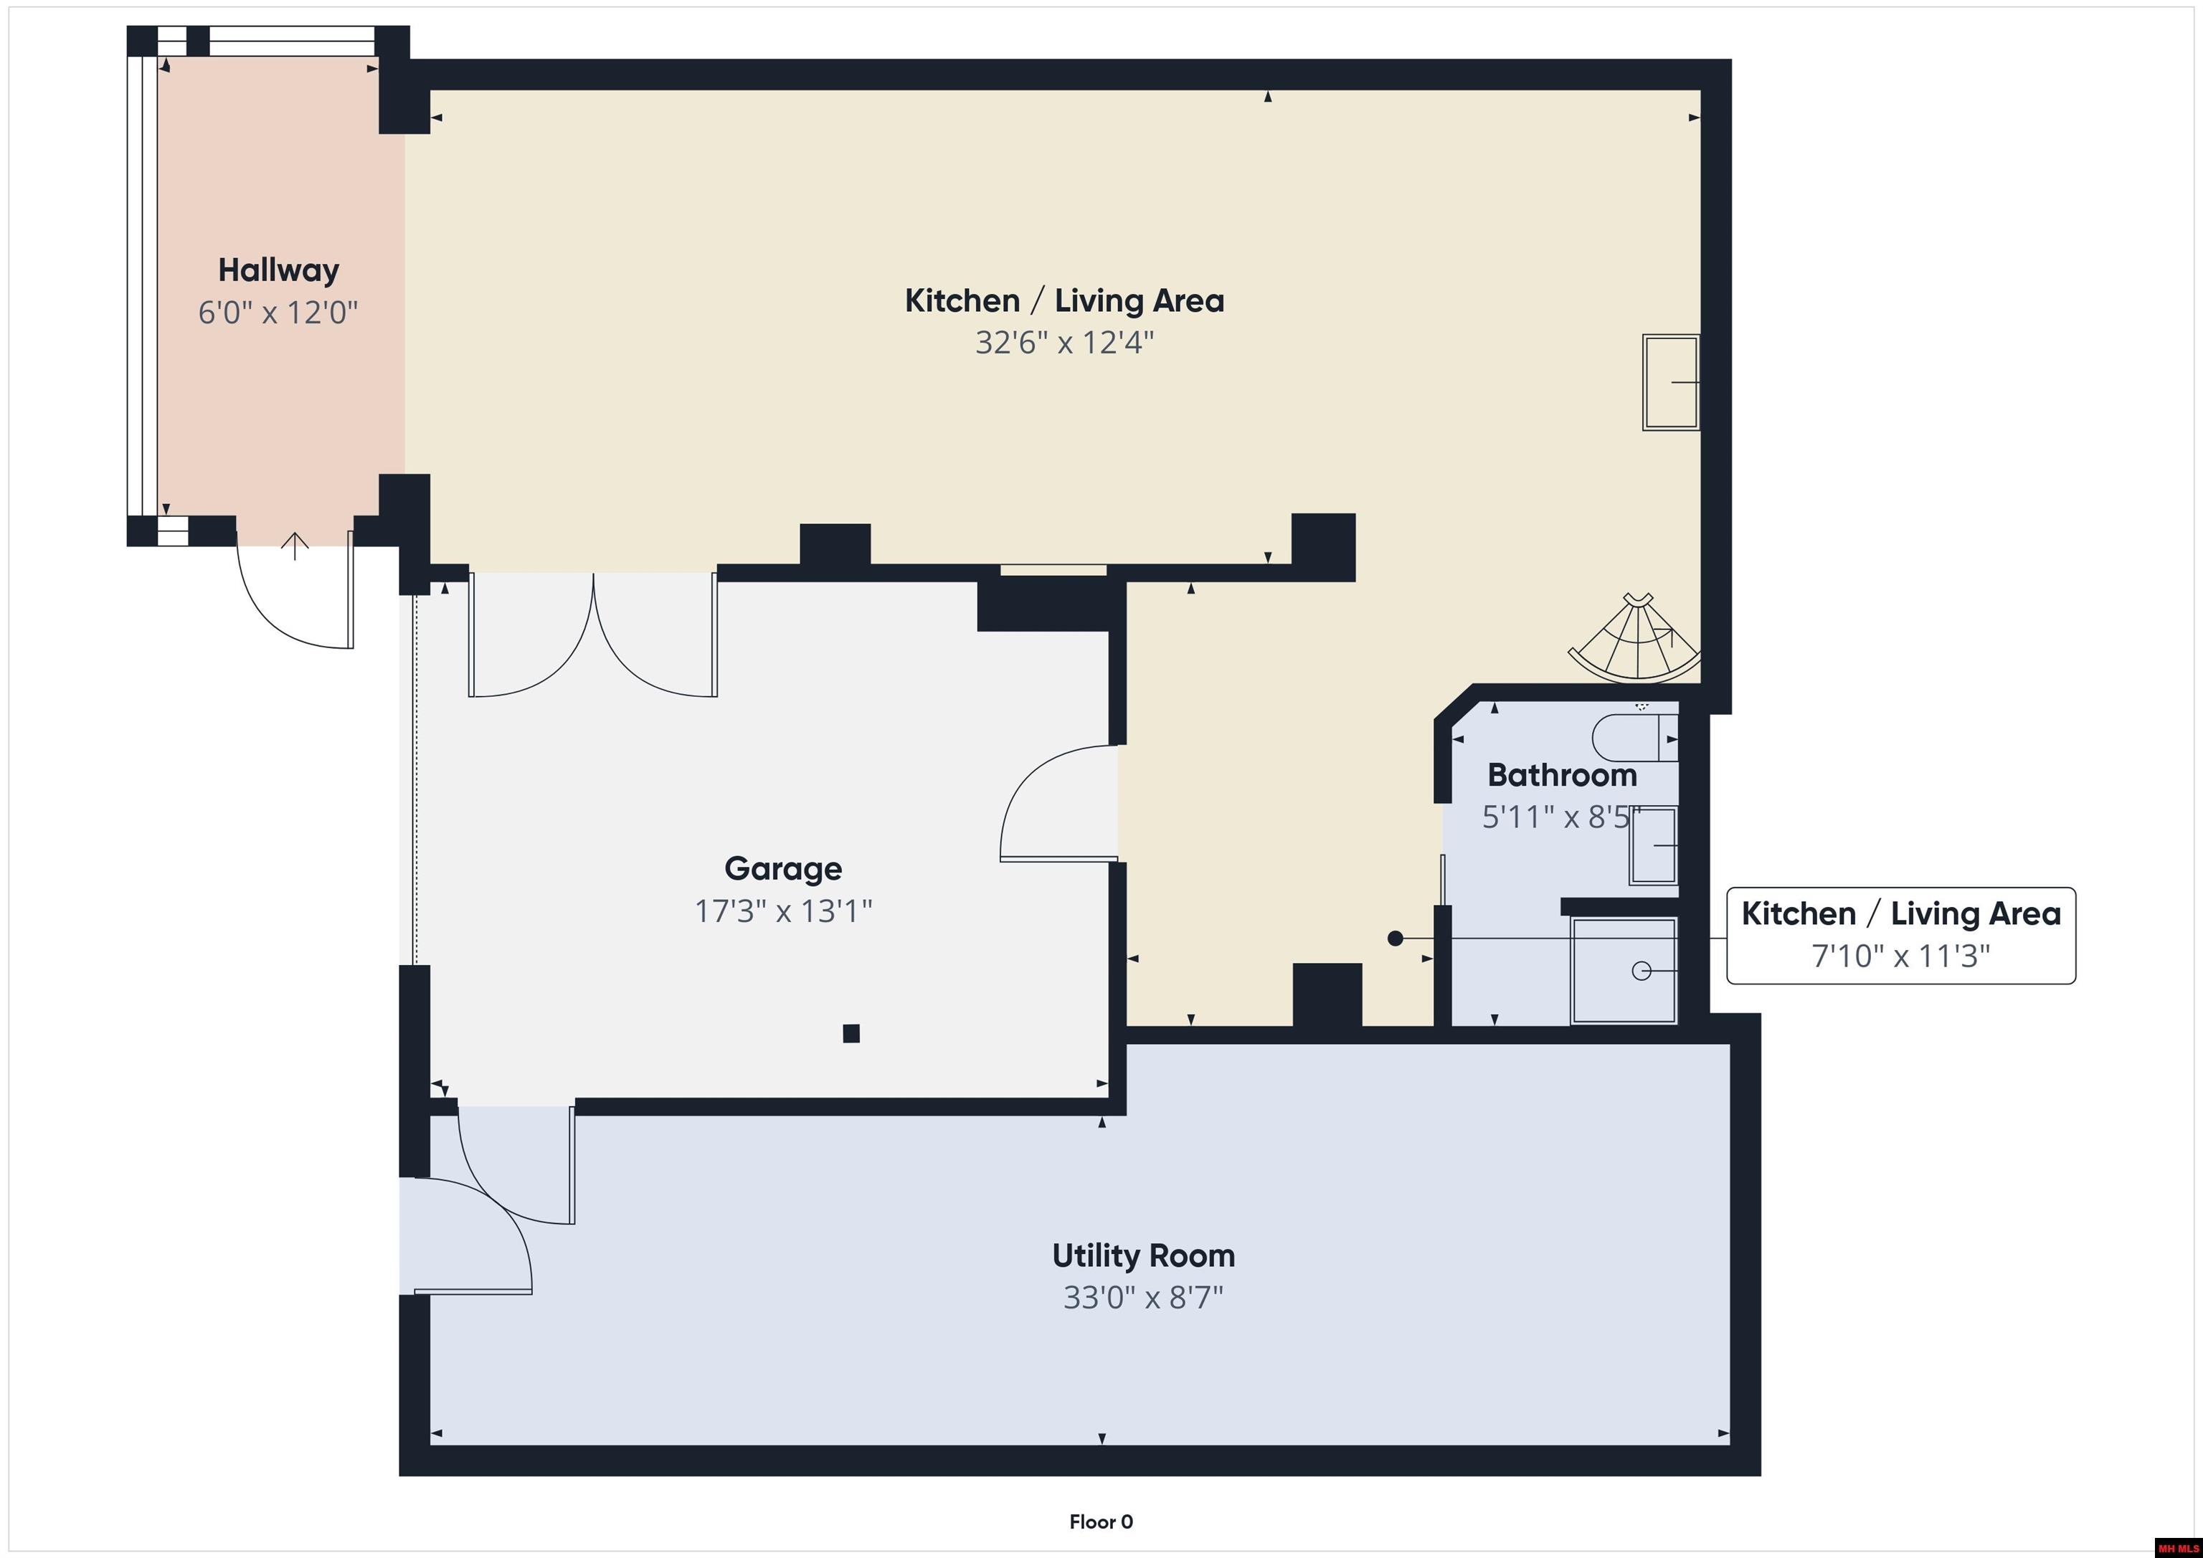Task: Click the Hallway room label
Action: [x=278, y=270]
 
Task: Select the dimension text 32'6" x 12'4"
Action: [x=1064, y=343]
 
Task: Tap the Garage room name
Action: [x=783, y=868]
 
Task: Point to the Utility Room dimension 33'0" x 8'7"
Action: [x=1143, y=1298]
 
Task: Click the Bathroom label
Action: [x=1561, y=775]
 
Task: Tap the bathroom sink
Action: [x=1652, y=845]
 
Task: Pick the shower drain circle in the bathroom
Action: [x=1641, y=971]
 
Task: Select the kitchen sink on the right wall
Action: [x=1670, y=382]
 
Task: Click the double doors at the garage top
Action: [x=593, y=638]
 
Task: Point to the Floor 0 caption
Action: [x=1101, y=1521]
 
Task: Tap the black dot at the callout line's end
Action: [x=1395, y=939]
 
